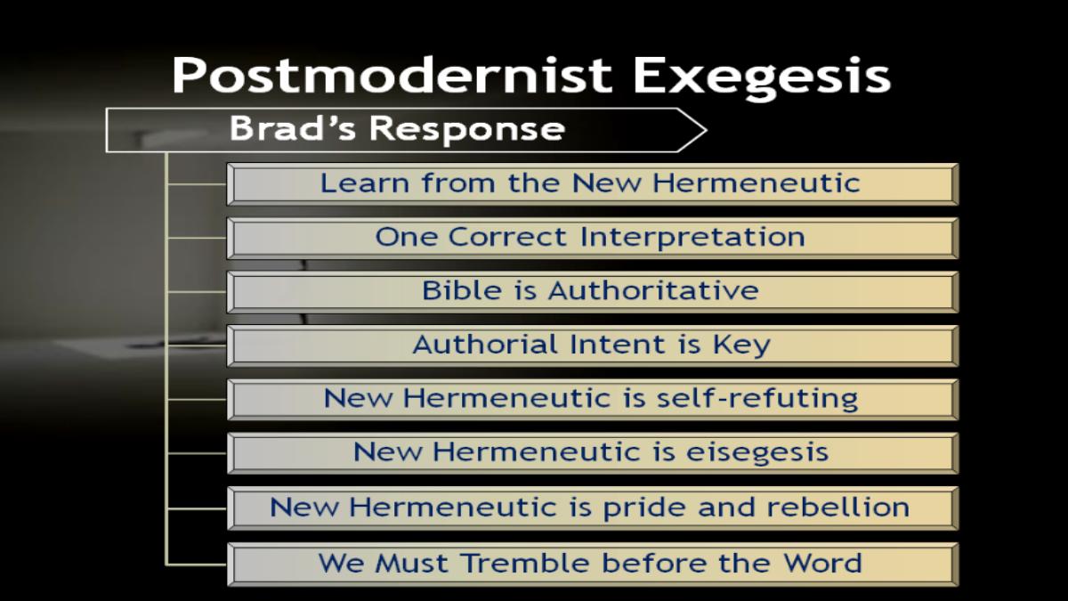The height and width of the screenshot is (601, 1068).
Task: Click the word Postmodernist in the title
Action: [392, 75]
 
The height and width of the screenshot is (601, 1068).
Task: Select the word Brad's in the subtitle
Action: [292, 128]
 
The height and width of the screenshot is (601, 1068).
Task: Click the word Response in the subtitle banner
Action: [467, 131]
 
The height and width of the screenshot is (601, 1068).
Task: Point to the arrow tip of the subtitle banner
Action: [706, 130]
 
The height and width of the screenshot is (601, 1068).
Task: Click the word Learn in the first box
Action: [364, 183]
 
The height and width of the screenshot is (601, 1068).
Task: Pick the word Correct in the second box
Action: [507, 237]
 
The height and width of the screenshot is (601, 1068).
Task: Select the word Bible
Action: [462, 290]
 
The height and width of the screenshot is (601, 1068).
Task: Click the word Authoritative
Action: [653, 290]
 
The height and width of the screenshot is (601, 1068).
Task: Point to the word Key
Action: [741, 345]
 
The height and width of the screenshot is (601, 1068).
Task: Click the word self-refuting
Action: [757, 399]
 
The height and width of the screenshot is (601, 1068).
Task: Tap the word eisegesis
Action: [757, 453]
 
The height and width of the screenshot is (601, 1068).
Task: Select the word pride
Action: [645, 508]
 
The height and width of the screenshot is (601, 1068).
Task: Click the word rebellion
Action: [838, 507]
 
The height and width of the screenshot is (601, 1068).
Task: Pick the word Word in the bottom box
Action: [823, 563]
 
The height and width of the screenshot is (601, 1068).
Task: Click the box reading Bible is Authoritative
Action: [593, 292]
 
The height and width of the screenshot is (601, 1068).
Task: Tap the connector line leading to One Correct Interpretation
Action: [197, 238]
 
